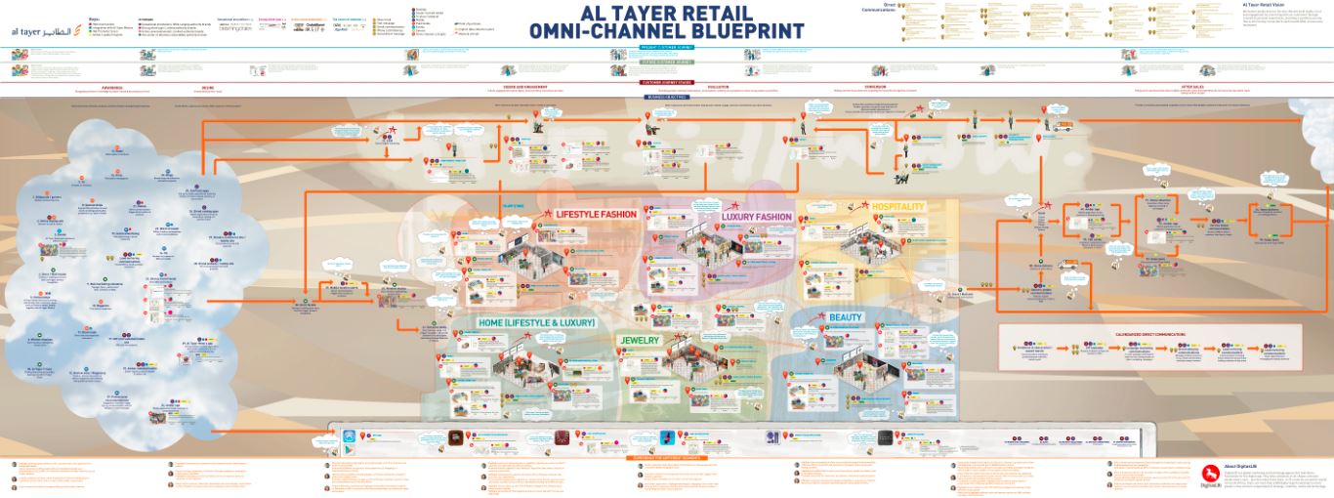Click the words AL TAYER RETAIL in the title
tap(666, 13)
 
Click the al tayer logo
tap(45, 30)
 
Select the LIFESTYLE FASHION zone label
tap(596, 214)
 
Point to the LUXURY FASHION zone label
tap(757, 217)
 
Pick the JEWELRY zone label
tap(640, 340)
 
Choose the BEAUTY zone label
tap(846, 318)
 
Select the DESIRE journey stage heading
tap(208, 86)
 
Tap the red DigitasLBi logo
tap(1211, 474)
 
